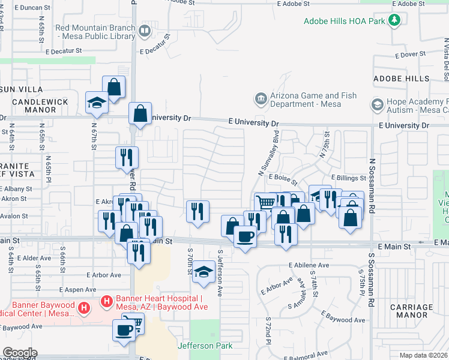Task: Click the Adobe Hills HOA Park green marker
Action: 394,21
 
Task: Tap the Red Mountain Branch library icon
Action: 145,30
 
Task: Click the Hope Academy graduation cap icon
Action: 377,105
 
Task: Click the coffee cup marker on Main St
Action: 245,238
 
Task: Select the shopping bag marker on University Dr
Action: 140,113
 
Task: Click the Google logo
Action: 19,353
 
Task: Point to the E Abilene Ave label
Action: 309,265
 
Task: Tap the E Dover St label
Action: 410,54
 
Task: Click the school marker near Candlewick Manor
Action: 96,103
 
